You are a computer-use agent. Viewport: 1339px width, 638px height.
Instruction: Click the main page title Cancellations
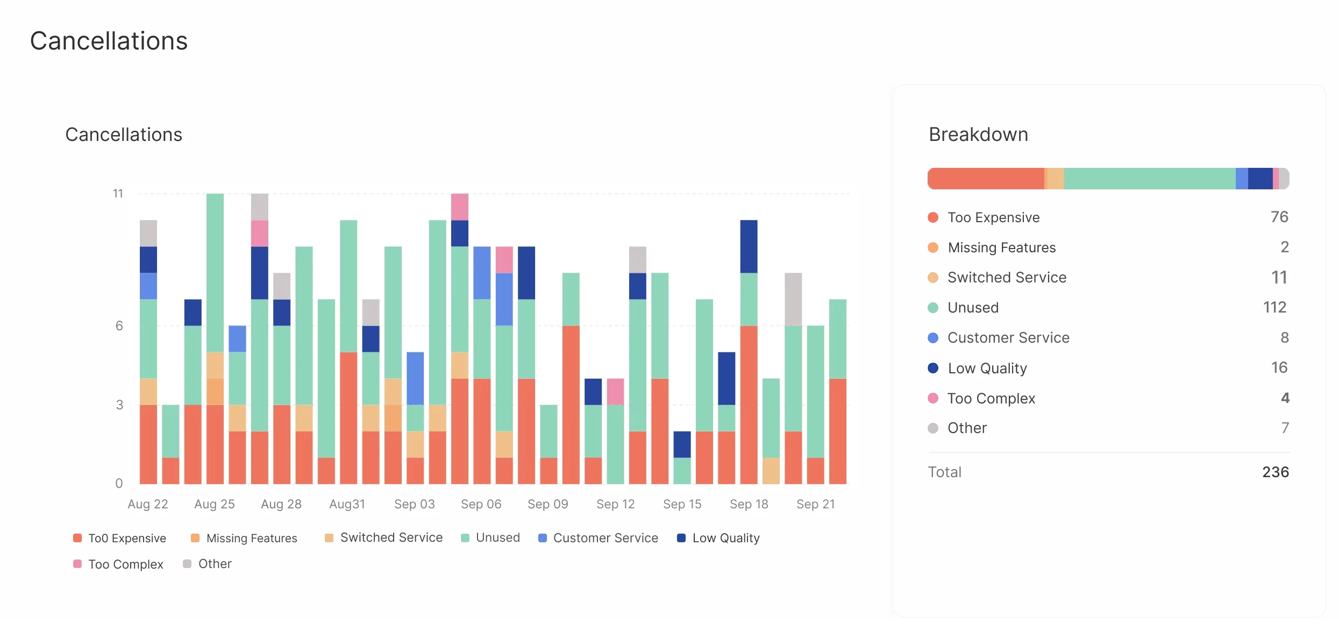[109, 41]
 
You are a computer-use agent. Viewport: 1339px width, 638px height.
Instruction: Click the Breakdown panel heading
[978, 134]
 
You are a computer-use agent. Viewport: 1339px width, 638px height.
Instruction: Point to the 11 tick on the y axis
[118, 194]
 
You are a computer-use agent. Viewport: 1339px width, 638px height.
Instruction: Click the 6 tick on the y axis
[119, 325]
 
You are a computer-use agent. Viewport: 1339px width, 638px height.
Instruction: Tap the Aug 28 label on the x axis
[281, 504]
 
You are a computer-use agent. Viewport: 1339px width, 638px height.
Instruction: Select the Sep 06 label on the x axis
[481, 504]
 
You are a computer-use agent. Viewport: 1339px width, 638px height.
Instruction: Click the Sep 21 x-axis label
[815, 504]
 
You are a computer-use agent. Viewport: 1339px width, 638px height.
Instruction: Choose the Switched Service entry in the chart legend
[391, 538]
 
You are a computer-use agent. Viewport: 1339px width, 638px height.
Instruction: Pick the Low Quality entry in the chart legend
[725, 538]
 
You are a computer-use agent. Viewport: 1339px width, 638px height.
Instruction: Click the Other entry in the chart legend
[215, 564]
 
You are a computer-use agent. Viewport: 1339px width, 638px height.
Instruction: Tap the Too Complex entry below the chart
[125, 564]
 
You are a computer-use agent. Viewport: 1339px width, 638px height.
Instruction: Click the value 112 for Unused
[1274, 307]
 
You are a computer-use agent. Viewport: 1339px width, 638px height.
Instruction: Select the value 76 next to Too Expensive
[1279, 217]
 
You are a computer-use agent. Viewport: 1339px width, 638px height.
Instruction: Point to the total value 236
[1275, 472]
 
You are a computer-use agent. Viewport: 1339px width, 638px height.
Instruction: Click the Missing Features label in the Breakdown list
[1001, 247]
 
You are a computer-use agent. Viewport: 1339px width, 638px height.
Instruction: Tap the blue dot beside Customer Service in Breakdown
[933, 338]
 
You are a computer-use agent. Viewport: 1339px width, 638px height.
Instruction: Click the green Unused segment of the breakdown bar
[1149, 179]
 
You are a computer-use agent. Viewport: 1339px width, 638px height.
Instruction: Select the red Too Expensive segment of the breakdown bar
[986, 179]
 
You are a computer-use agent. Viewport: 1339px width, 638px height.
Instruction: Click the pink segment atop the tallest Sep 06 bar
[460, 207]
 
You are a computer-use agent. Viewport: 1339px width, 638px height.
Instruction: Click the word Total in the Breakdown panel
[944, 472]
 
